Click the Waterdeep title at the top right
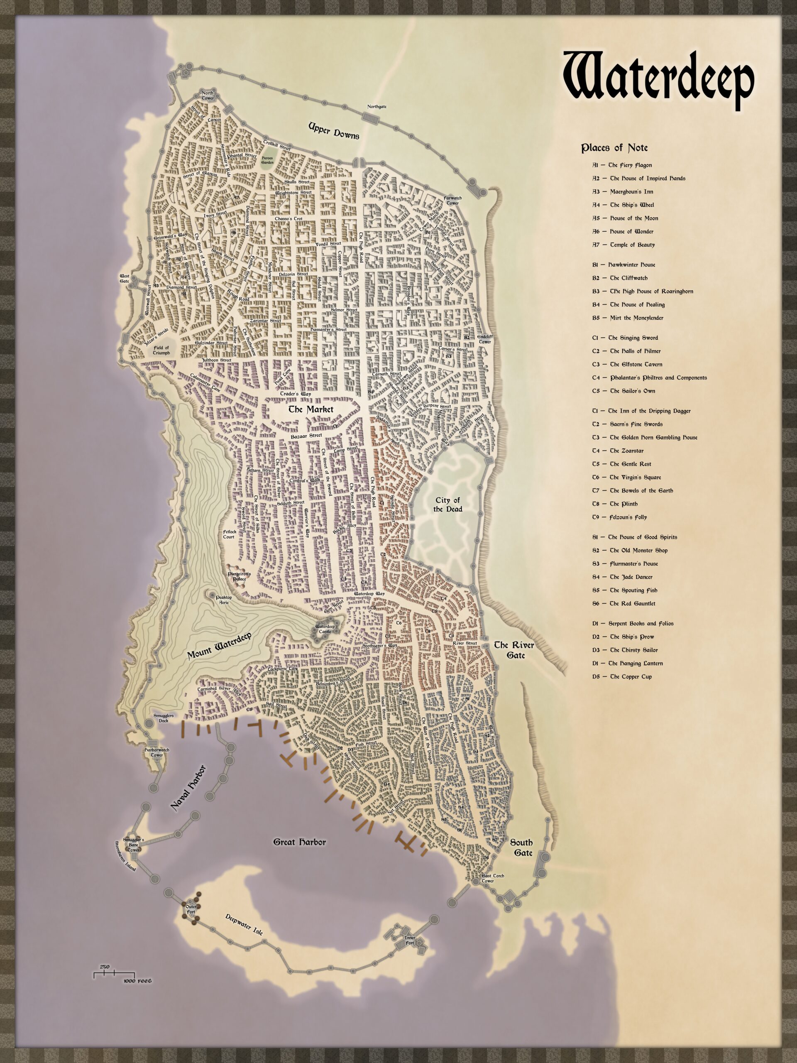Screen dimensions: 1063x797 pyautogui.click(x=659, y=81)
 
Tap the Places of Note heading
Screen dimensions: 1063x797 pyautogui.click(x=614, y=147)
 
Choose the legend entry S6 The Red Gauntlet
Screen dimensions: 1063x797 pyautogui.click(x=623, y=604)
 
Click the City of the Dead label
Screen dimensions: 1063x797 pyautogui.click(x=448, y=505)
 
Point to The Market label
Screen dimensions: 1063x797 pyautogui.click(x=310, y=409)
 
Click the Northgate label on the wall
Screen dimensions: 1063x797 pyautogui.click(x=376, y=107)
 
